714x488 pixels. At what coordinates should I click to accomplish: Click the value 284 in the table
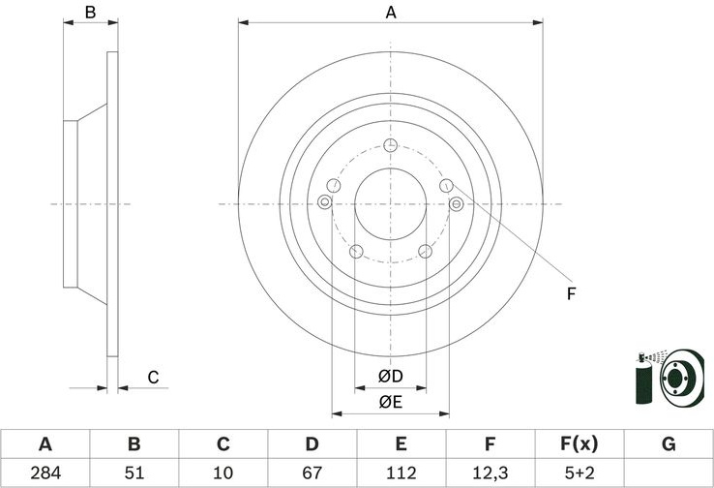pos(45,473)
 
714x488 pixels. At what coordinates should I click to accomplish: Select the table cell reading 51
pos(134,473)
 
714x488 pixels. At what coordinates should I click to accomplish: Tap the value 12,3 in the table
pos(490,473)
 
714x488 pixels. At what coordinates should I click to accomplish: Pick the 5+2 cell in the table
pos(580,473)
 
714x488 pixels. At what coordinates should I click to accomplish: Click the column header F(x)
pos(580,443)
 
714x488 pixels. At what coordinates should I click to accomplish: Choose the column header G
pos(669,443)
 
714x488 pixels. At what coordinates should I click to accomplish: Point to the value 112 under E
pos(402,473)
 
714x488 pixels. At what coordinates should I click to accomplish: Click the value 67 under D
pos(312,473)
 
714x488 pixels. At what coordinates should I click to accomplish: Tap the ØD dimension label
pos(391,377)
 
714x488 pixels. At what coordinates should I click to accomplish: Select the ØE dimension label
pos(391,402)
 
